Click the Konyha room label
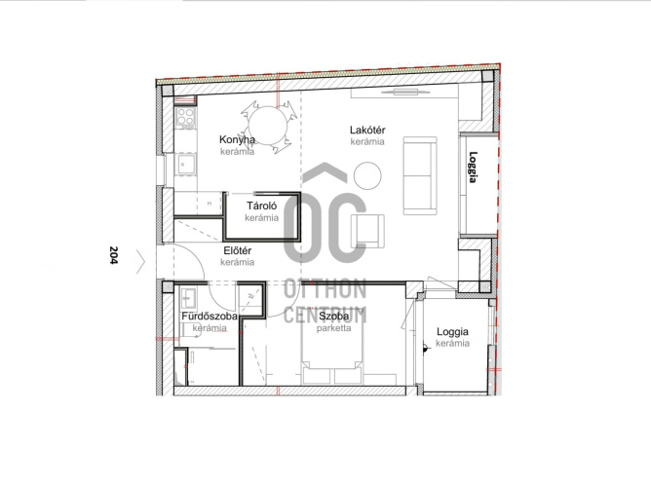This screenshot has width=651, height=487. click(x=237, y=140)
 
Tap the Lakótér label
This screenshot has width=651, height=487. click(x=367, y=130)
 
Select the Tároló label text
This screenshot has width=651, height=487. click(x=261, y=206)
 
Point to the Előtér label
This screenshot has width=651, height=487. click(x=238, y=250)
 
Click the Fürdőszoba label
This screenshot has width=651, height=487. click(x=210, y=317)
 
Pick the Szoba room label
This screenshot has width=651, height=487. click(x=334, y=317)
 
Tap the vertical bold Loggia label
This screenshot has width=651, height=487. click(x=473, y=168)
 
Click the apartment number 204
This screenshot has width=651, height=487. click(x=113, y=255)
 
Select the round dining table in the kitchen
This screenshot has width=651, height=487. click(x=268, y=125)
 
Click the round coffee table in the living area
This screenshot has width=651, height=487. click(x=367, y=175)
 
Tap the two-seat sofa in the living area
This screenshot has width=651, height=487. click(x=420, y=176)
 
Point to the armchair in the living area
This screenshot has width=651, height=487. click(x=367, y=231)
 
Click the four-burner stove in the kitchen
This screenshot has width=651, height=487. click(x=185, y=118)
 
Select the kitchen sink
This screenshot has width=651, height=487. click(x=185, y=165)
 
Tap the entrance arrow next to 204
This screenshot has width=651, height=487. click(x=141, y=262)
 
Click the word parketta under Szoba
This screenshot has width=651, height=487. click(x=334, y=328)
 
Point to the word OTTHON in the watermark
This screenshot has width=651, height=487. click(x=325, y=289)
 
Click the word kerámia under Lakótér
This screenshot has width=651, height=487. click(x=367, y=141)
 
